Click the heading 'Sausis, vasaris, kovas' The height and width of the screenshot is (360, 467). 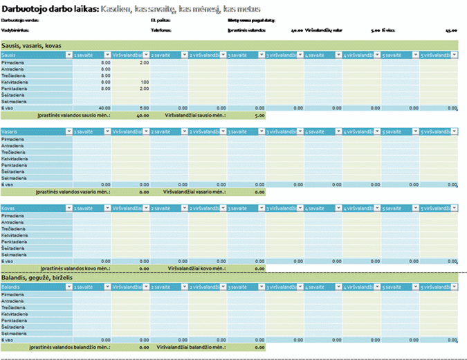[32, 45]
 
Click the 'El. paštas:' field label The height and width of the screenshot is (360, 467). [160, 21]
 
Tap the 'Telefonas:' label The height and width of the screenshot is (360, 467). [160, 30]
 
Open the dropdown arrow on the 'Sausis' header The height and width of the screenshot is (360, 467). [68, 55]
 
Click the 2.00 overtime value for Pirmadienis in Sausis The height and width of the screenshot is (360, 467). [144, 62]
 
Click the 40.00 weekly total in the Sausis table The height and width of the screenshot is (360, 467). [104, 108]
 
